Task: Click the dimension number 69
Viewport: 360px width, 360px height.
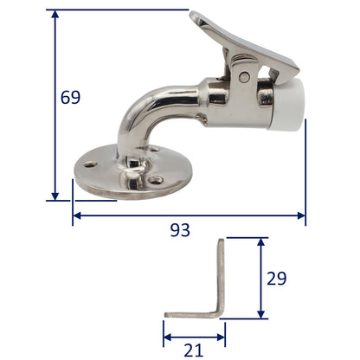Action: click(x=70, y=97)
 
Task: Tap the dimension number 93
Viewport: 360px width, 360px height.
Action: click(x=179, y=230)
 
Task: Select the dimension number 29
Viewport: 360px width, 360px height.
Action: click(x=276, y=279)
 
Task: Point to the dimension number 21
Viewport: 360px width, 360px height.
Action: click(x=193, y=350)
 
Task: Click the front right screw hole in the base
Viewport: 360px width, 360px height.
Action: click(x=157, y=181)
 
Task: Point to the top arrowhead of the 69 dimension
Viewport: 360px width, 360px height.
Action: click(x=55, y=15)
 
